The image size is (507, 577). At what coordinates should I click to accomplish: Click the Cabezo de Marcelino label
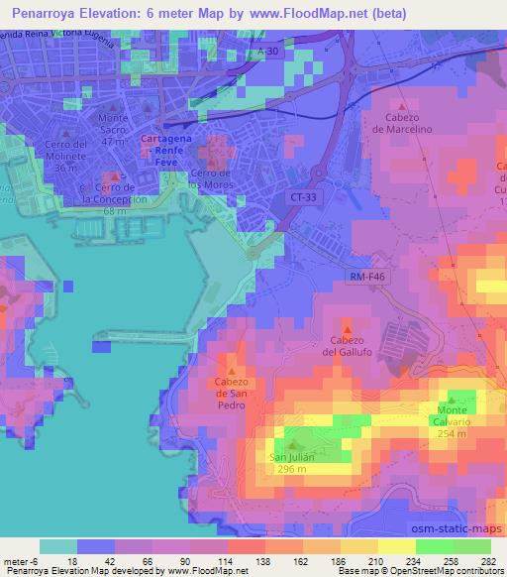[x=402, y=123]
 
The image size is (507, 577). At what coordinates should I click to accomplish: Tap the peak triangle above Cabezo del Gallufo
[x=346, y=328]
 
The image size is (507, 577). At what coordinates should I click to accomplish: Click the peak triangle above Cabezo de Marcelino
[x=401, y=105]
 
